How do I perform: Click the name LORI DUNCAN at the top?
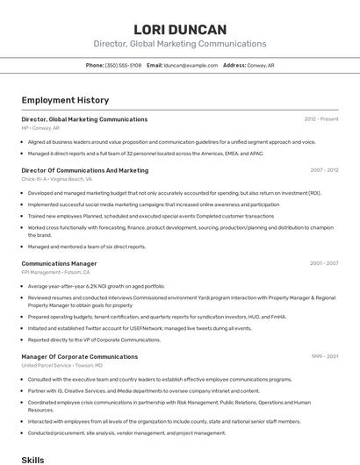coord(180,29)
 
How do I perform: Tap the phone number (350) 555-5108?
coord(123,65)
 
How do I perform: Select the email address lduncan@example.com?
coord(191,65)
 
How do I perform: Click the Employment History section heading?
coord(65,100)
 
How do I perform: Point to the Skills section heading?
coord(32,459)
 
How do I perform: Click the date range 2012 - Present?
coord(321,118)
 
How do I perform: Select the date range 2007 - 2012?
coord(324,170)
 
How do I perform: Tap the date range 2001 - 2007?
coord(324,263)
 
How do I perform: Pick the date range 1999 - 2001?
coord(324,356)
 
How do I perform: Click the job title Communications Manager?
coord(59,263)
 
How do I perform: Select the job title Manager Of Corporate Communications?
coord(79,356)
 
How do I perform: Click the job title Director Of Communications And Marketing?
coord(84,170)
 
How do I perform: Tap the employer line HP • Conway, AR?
coord(41,127)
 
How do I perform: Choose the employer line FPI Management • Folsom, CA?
coord(56,272)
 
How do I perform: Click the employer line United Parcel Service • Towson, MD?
coord(62,365)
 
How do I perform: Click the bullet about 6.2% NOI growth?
coord(96,286)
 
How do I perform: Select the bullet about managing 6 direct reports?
coord(145,153)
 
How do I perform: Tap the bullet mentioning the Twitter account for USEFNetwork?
coord(140,328)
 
